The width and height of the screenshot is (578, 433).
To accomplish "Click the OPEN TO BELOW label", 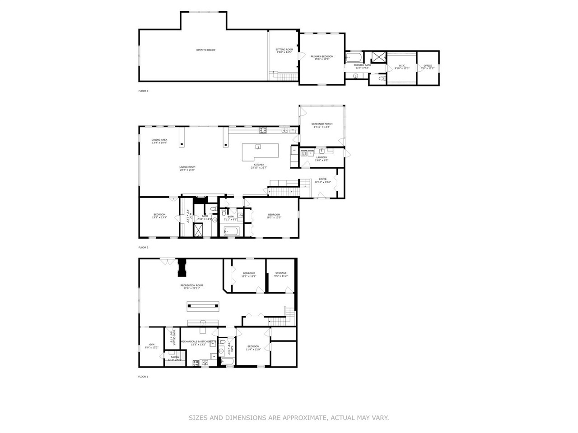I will tap(205, 50).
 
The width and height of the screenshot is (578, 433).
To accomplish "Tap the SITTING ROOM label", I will tap(284, 50).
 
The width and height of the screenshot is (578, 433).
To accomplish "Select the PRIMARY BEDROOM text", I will tap(322, 57).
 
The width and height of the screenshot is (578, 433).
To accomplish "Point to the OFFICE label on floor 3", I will tap(428, 66).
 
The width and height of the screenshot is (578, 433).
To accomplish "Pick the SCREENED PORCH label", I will tap(322, 124).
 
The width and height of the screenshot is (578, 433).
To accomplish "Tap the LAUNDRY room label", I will tap(322, 157).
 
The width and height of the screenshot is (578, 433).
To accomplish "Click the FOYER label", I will tap(323, 179).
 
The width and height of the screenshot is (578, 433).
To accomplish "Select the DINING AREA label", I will tap(159, 140).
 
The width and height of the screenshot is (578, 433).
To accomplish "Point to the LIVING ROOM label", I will tap(187, 167).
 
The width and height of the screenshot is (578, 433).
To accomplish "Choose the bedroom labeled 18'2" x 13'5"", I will tap(274, 216).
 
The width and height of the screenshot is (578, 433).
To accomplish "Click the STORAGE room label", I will tap(281, 273).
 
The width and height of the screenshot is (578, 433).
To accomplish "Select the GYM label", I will tap(146, 345).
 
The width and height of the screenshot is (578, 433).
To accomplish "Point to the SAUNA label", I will tap(174, 357).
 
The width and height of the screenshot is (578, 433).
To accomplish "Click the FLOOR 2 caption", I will tap(143, 247).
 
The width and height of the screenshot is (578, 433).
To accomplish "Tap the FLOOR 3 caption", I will tap(143, 91).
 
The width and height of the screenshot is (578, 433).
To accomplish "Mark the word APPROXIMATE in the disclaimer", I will tap(302, 418).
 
